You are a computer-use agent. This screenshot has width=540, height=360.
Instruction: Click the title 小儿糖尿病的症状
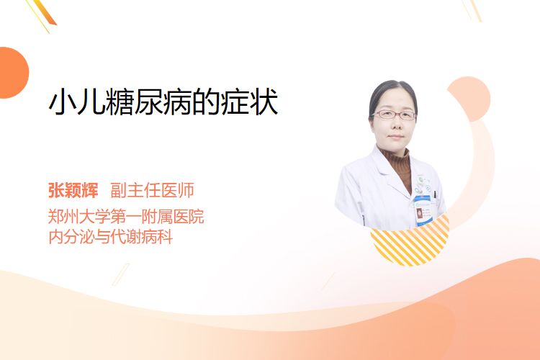pos(163,102)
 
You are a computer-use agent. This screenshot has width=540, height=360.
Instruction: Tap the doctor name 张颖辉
pos(73,190)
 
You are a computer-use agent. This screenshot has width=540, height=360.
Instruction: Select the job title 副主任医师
pos(152,190)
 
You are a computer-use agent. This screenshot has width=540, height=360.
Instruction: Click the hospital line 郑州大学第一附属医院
pos(126,217)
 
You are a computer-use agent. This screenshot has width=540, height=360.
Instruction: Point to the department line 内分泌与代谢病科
pos(111,237)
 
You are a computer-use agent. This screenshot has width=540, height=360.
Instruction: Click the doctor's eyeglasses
pos(395,114)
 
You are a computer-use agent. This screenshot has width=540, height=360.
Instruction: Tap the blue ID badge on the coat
pos(423,210)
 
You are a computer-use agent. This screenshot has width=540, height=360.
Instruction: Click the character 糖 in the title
pos(120,102)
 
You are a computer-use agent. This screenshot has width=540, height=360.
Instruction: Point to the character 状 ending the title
pos(264,102)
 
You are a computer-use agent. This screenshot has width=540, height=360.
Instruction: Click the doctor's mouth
pos(396,136)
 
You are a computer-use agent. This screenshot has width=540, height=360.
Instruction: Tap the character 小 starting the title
pos(63,102)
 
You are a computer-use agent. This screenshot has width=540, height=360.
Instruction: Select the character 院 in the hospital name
pos(196,217)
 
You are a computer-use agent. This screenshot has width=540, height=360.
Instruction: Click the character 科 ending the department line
pos(165,237)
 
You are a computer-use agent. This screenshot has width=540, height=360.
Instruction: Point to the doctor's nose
pos(396,125)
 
